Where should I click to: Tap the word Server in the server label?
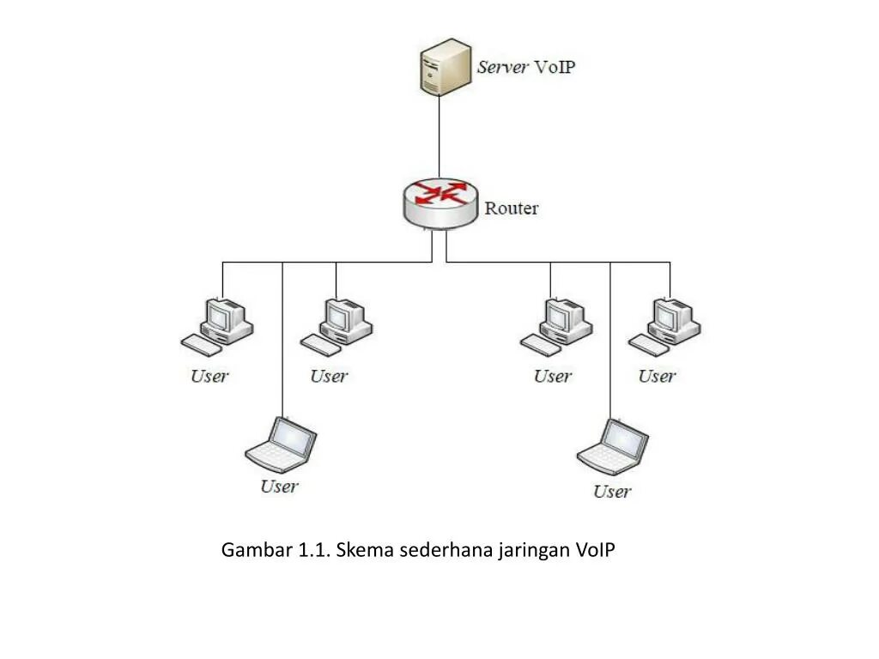pyautogui.click(x=502, y=68)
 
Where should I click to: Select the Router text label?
pyautogui.click(x=512, y=208)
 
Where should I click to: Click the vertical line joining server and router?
pyautogui.click(x=439, y=137)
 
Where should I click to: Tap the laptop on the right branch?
pyautogui.click(x=613, y=447)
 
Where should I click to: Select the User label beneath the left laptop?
pyautogui.click(x=279, y=487)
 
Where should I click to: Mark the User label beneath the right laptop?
pyautogui.click(x=611, y=492)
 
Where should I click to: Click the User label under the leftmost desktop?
pyautogui.click(x=209, y=376)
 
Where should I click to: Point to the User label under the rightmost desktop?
pyautogui.click(x=657, y=376)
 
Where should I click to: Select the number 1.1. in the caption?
pyautogui.click(x=314, y=550)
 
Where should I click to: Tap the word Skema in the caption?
pyautogui.click(x=361, y=550)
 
